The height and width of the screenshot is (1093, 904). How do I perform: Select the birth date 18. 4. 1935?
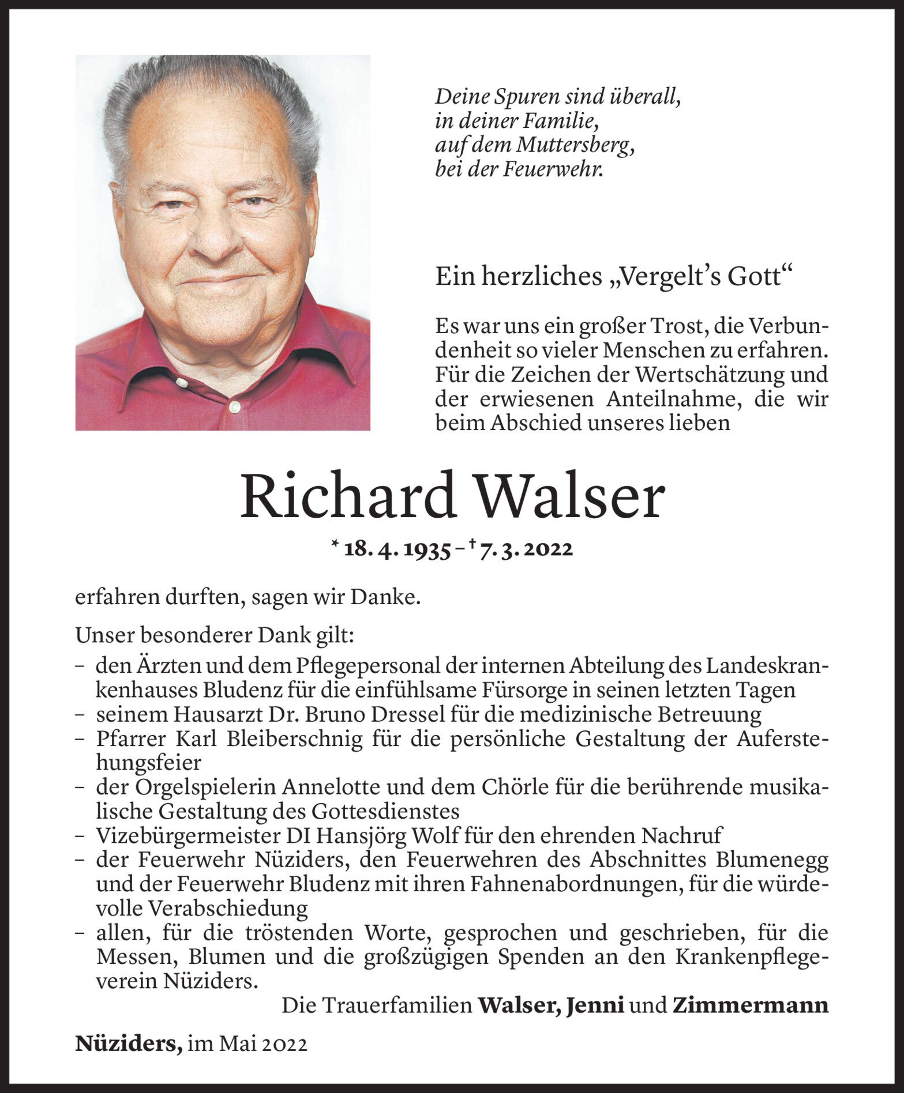click(x=397, y=549)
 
